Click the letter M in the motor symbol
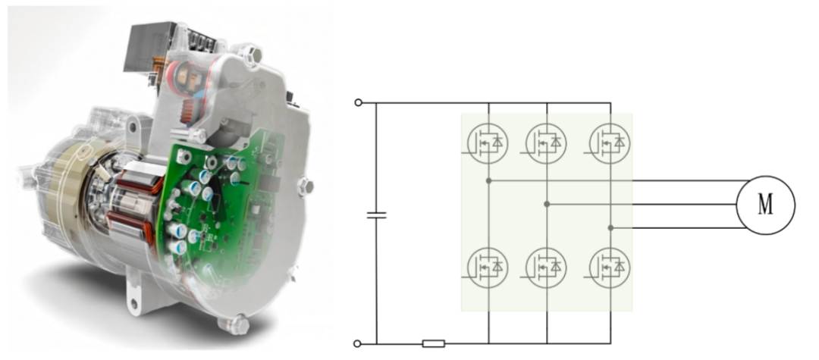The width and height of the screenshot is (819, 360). pos(765,205)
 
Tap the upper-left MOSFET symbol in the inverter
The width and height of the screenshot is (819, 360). pos(488,142)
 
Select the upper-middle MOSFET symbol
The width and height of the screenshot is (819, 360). pos(546,142)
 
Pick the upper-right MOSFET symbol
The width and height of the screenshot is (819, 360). pos(610,142)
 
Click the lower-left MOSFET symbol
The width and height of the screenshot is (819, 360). pos(488,268)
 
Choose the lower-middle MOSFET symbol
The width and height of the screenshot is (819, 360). pos(546,268)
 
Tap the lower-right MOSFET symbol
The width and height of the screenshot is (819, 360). pos(610,268)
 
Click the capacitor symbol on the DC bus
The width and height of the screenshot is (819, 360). pos(377,215)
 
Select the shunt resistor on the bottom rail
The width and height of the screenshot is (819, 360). pos(434,343)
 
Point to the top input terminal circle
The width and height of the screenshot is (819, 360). pos(358,103)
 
